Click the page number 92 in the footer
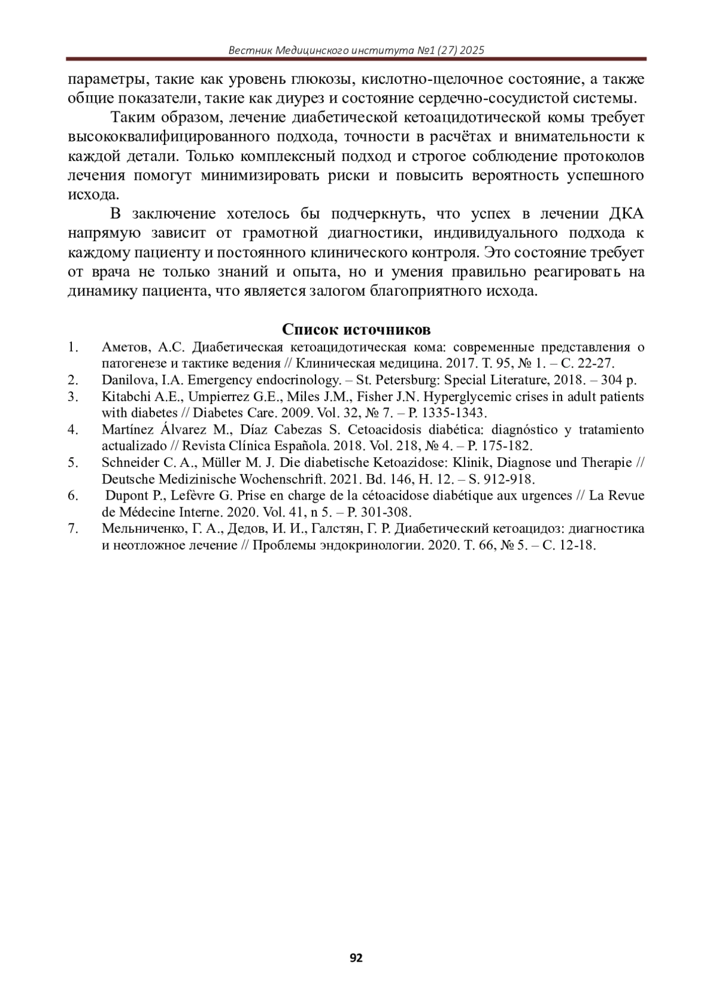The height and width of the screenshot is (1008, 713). pos(356,958)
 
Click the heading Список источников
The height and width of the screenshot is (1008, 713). pos(356,330)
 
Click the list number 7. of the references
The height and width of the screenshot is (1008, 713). pos(72,529)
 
